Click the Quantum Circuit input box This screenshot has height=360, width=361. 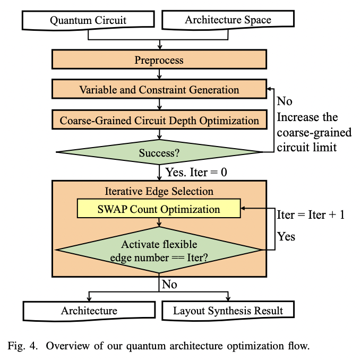click(x=88, y=21)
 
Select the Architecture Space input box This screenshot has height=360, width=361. click(x=228, y=21)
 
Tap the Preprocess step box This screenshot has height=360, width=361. click(x=159, y=59)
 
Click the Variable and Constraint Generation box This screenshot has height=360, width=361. click(x=159, y=90)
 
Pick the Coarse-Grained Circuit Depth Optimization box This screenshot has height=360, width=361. click(x=159, y=121)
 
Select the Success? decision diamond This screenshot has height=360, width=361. click(x=159, y=153)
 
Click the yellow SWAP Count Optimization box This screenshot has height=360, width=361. click(x=159, y=209)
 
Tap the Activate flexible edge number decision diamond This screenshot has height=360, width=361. click(x=159, y=250)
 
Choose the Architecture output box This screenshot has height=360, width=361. click(x=89, y=311)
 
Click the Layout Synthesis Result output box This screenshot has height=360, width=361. click(x=228, y=311)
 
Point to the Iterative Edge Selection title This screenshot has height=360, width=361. click(x=159, y=191)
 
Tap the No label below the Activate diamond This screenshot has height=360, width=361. click(x=169, y=285)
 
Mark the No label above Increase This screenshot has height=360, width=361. click(x=285, y=101)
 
